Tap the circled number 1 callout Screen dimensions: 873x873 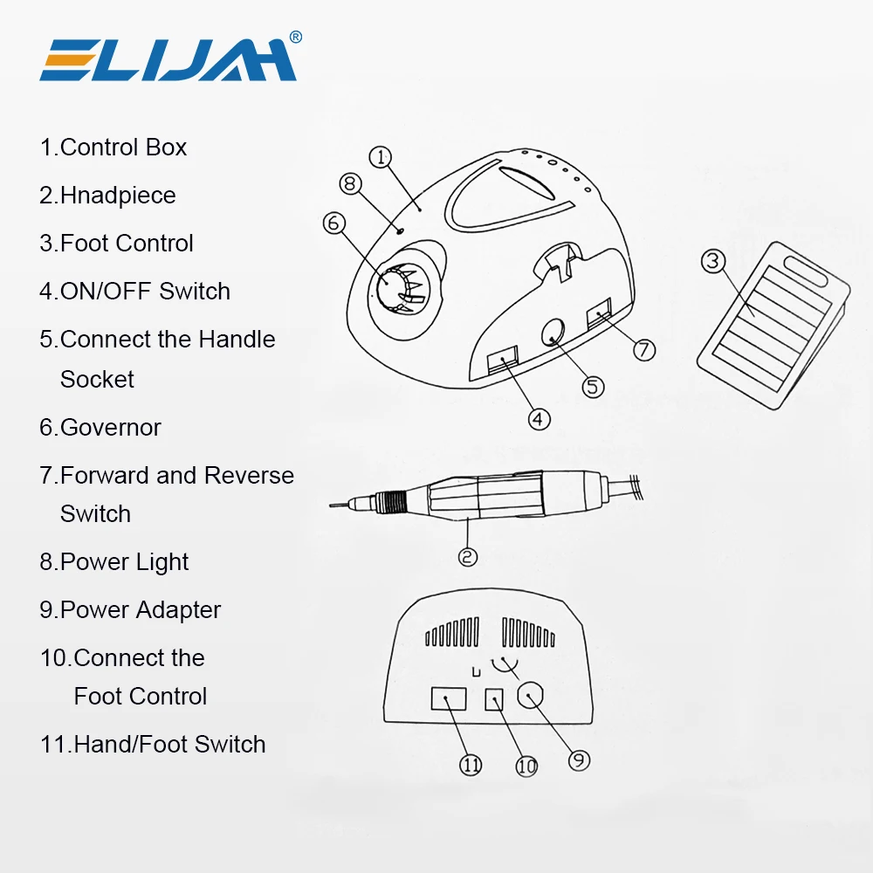point(381,157)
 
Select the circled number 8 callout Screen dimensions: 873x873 point(350,184)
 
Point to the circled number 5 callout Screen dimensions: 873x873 point(594,386)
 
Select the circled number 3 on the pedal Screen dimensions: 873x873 point(714,261)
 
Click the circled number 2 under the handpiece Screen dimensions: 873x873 point(468,556)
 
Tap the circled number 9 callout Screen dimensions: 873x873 point(579,760)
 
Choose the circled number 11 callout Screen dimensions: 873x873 point(471,765)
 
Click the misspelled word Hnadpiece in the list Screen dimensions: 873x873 point(117,196)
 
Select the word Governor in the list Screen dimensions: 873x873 point(110,428)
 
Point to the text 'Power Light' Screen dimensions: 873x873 point(124,562)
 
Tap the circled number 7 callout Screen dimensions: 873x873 point(643,350)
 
